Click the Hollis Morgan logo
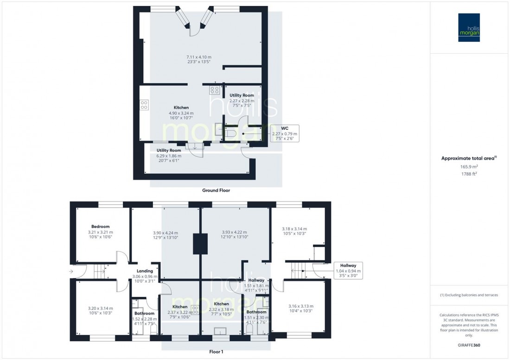tap(469, 27)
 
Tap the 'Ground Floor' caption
tap(216, 190)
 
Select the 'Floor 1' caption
tap(216, 352)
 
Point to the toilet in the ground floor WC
tap(232, 133)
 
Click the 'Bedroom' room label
tap(100, 227)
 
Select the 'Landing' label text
tap(145, 271)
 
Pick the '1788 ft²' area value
tap(469, 174)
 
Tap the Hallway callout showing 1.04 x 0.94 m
tap(348, 271)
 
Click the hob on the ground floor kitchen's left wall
tap(144, 105)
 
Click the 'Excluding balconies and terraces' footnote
tap(469, 295)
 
